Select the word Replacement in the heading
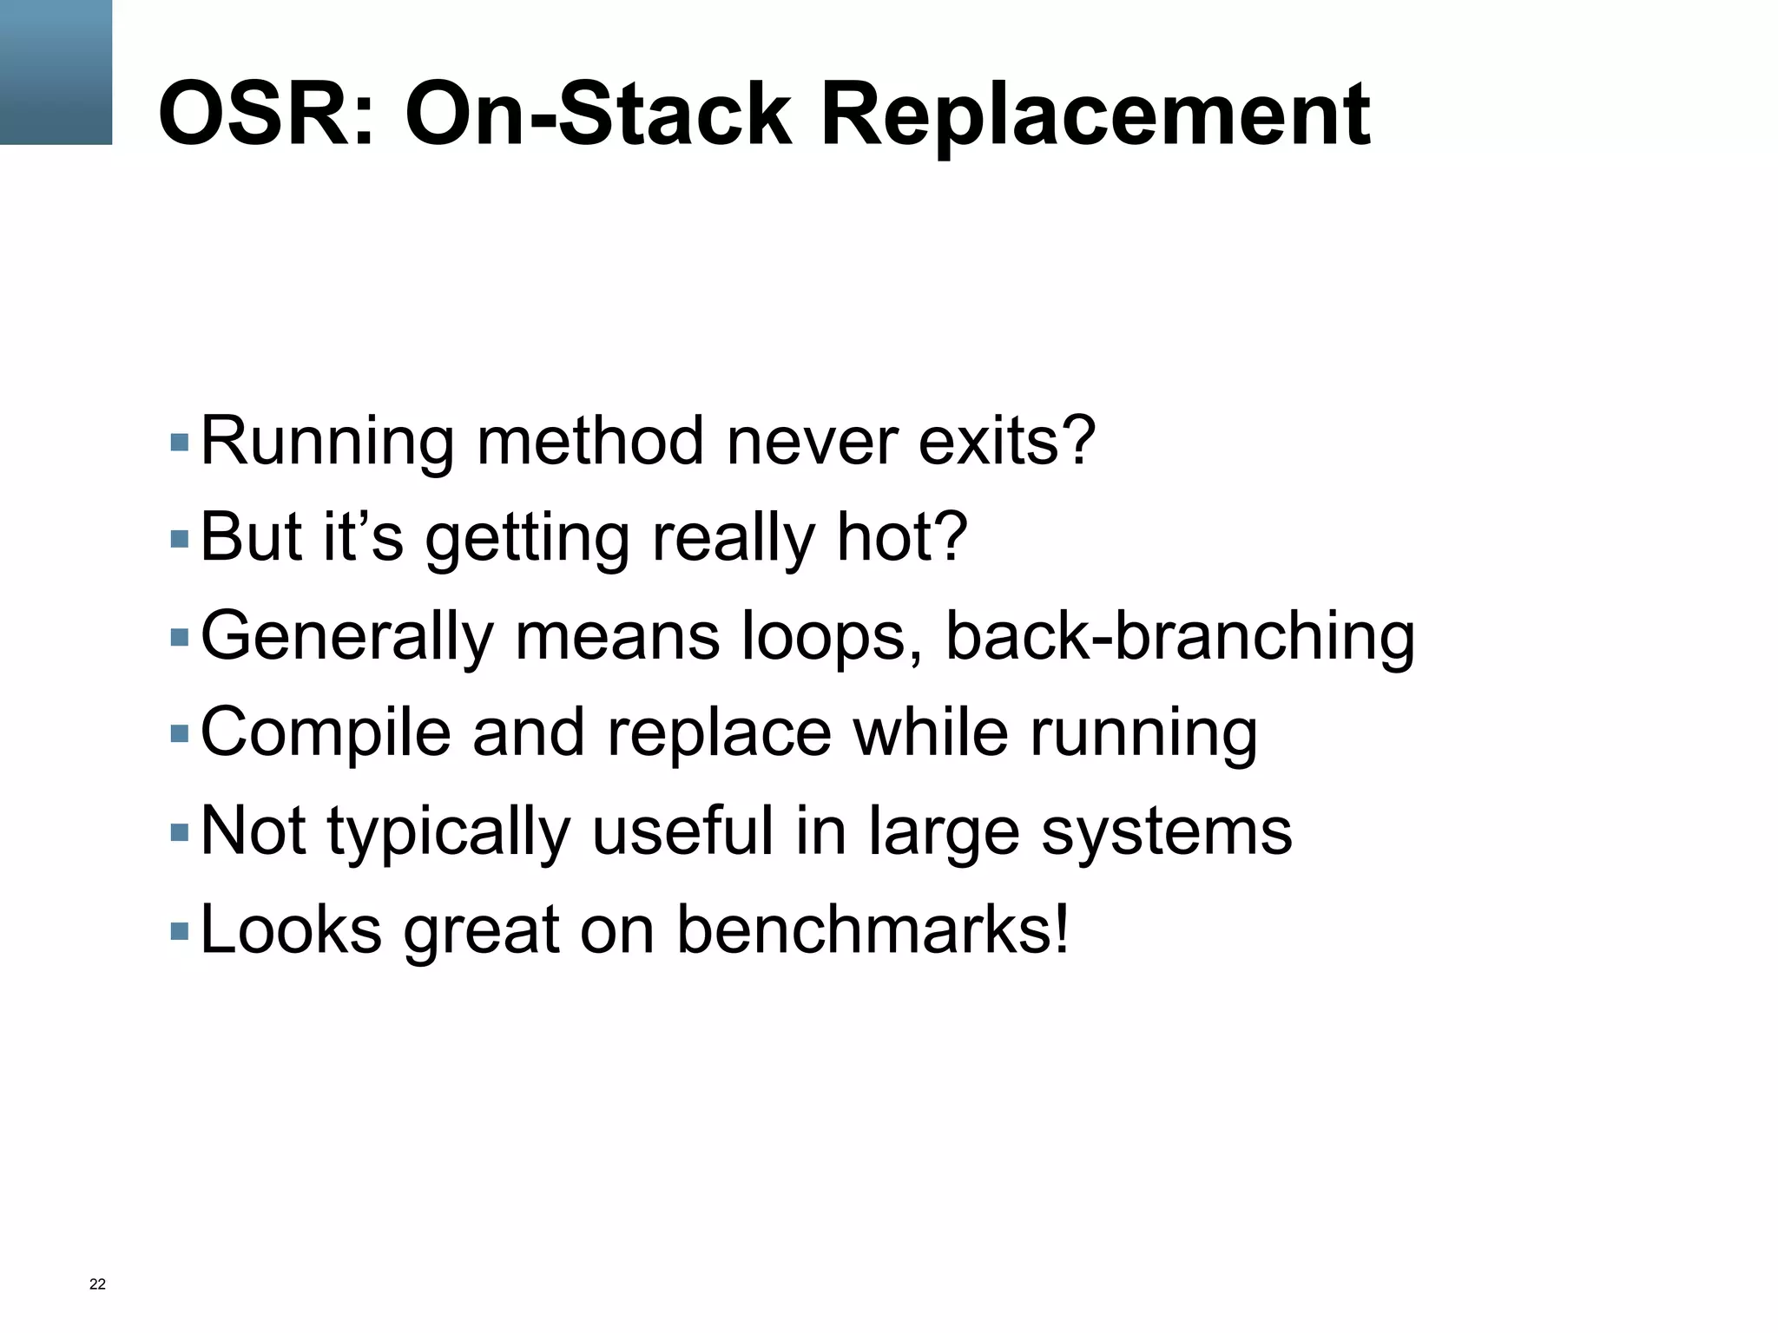(x=1095, y=115)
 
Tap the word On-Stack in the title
(x=598, y=115)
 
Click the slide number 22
(x=97, y=1284)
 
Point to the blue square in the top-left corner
(x=56, y=72)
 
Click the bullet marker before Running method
(x=180, y=443)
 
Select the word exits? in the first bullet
(x=1007, y=441)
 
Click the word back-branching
(x=1180, y=635)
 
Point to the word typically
(x=449, y=831)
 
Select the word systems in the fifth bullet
(x=1166, y=831)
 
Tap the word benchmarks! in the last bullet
(x=873, y=929)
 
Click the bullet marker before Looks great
(x=180, y=932)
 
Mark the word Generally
(x=346, y=635)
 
